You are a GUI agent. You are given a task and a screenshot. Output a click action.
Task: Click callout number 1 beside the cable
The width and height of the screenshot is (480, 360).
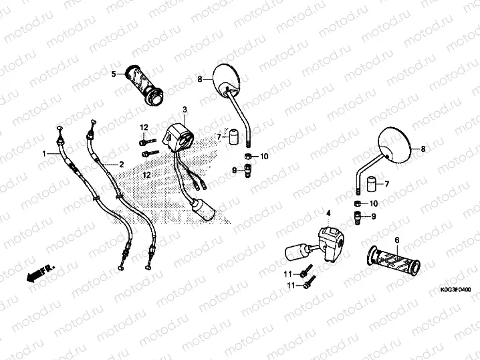click(x=44, y=153)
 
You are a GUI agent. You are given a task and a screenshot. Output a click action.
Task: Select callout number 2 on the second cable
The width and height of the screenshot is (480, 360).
click(x=121, y=165)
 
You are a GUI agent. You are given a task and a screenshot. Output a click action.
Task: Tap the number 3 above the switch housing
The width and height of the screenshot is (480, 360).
click(x=185, y=110)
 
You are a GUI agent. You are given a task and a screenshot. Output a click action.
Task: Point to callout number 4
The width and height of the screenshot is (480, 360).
click(x=328, y=213)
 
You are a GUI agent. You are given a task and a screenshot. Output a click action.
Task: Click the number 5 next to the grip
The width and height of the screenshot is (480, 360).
click(x=114, y=74)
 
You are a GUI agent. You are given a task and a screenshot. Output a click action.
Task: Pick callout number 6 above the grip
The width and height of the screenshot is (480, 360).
click(x=397, y=240)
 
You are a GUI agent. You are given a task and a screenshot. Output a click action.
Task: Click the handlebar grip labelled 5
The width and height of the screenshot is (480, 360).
click(x=144, y=86)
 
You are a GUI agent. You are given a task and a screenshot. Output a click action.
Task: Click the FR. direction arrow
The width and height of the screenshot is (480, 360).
click(x=40, y=273)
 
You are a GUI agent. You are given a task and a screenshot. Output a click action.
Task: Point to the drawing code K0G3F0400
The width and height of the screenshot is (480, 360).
click(x=456, y=290)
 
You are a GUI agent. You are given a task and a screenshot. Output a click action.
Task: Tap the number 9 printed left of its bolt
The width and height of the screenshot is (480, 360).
click(x=234, y=170)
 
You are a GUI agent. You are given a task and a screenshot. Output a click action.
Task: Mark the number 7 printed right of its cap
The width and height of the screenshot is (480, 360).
click(x=387, y=184)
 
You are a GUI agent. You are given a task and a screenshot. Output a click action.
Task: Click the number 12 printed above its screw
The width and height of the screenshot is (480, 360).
click(x=144, y=127)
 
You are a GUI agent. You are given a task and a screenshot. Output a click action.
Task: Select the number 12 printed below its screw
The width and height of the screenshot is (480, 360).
click(x=146, y=175)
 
